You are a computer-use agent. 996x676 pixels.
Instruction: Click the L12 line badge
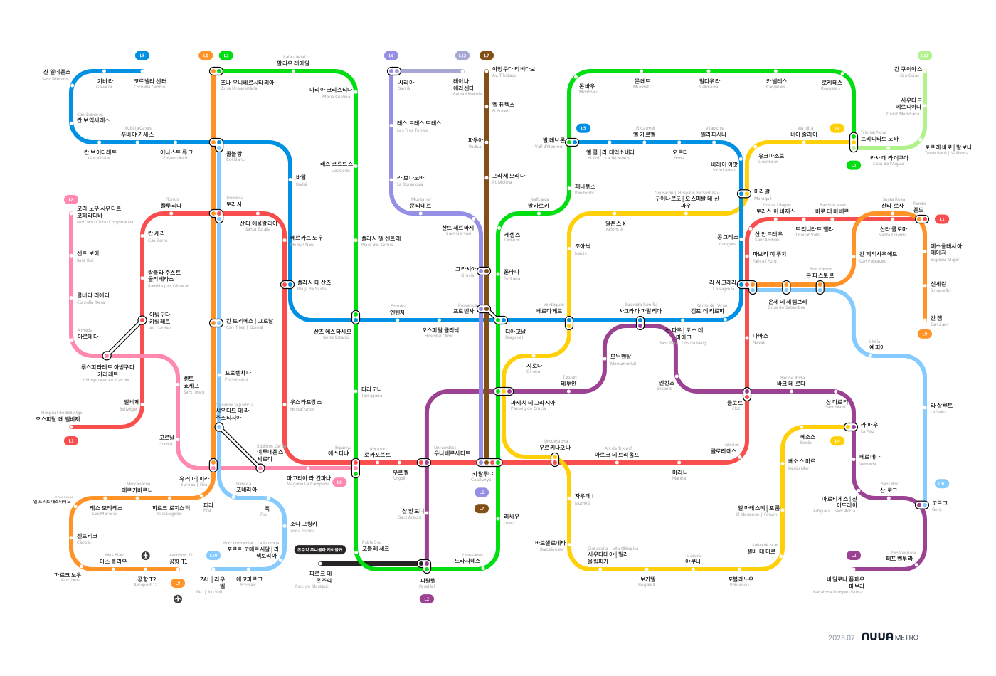pos(462,56)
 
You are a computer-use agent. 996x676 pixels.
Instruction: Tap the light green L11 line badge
pos(925,56)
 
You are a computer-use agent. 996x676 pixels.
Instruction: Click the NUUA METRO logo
pos(889,637)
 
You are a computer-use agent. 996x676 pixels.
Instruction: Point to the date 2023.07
pos(841,638)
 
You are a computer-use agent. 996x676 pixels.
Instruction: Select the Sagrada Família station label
pos(640,308)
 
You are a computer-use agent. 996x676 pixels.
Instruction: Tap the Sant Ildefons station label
pos(56,75)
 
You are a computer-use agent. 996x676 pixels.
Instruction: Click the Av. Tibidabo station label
pos(513,72)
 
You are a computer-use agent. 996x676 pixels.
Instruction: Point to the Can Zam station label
pos(938,321)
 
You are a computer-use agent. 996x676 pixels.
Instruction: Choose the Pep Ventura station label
pos(900,556)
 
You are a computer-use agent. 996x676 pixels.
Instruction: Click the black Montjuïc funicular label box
pos(319,549)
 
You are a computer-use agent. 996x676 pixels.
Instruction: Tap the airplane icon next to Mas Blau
pos(146,555)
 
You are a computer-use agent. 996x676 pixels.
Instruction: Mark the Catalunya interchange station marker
pos(489,463)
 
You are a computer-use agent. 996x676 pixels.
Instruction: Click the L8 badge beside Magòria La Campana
pos(339,482)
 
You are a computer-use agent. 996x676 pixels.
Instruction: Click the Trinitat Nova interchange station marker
pos(854,142)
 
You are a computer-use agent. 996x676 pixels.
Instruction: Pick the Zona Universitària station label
pos(246,85)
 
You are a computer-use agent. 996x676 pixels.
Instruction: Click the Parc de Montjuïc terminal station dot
pos(320,564)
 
